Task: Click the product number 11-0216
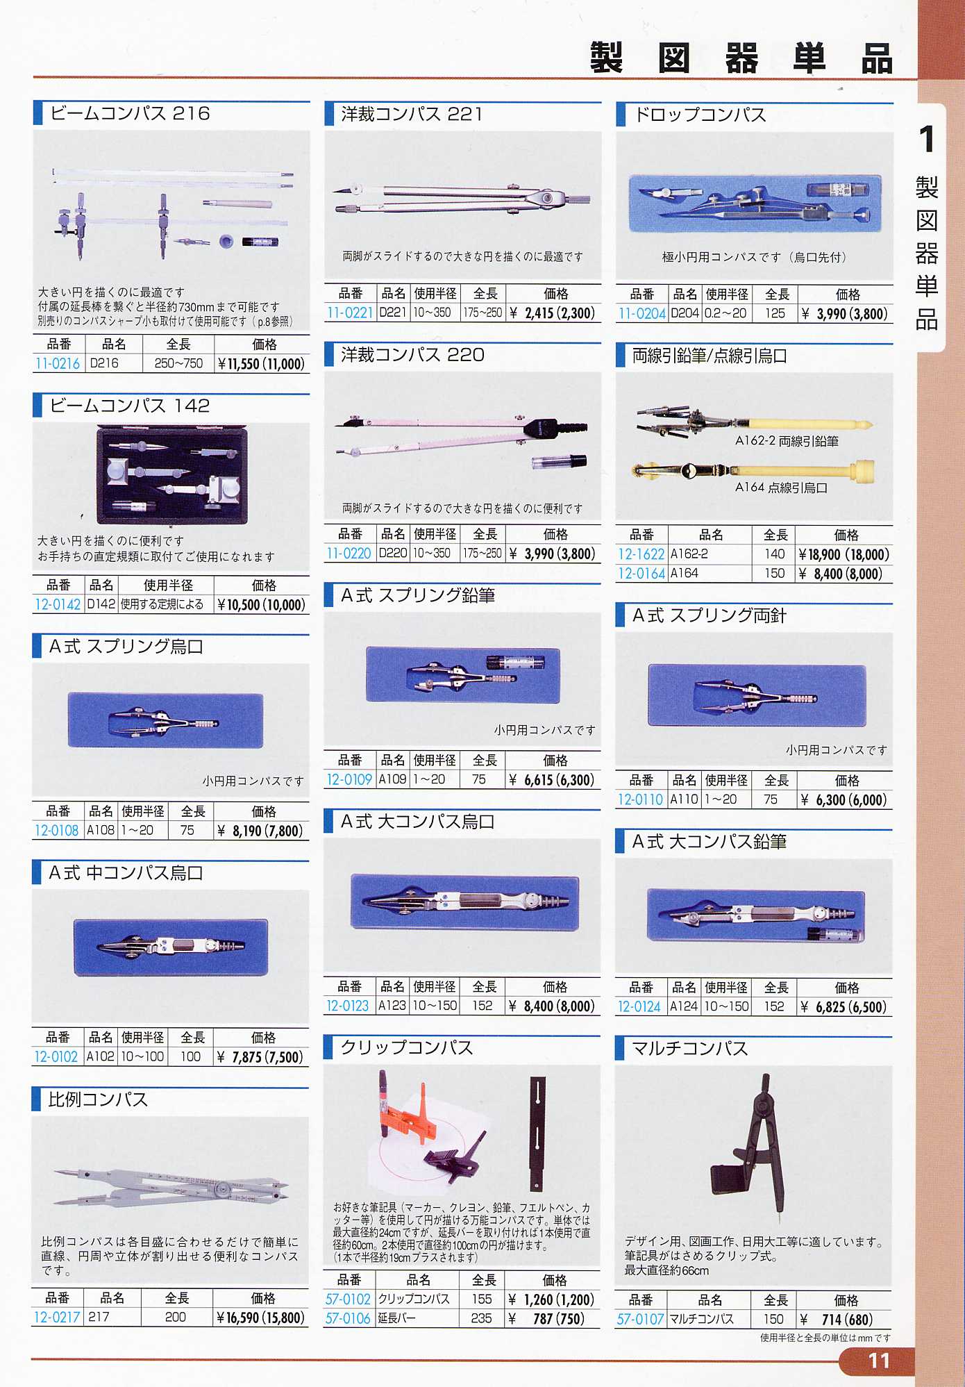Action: tap(58, 363)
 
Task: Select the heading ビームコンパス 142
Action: tap(129, 406)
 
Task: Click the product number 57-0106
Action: tap(348, 1318)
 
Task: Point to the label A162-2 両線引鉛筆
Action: tap(787, 441)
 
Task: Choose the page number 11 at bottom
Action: tap(879, 1361)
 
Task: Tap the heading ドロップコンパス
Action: tap(700, 115)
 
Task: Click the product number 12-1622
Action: tap(641, 554)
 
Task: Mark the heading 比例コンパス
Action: tap(98, 1099)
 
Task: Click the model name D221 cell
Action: tap(393, 313)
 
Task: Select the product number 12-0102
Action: tap(56, 1057)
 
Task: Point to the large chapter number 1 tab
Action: tap(927, 139)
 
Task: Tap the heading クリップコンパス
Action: tap(407, 1048)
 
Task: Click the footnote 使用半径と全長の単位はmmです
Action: tap(825, 1338)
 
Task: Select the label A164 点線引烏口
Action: tap(782, 488)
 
